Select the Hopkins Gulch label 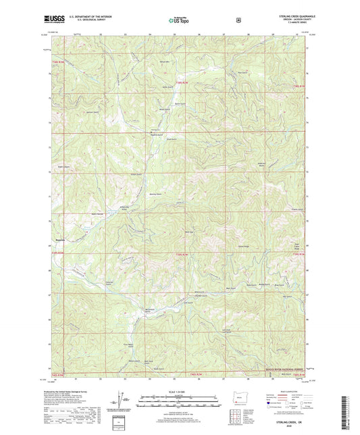pyautogui.click(x=156, y=134)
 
